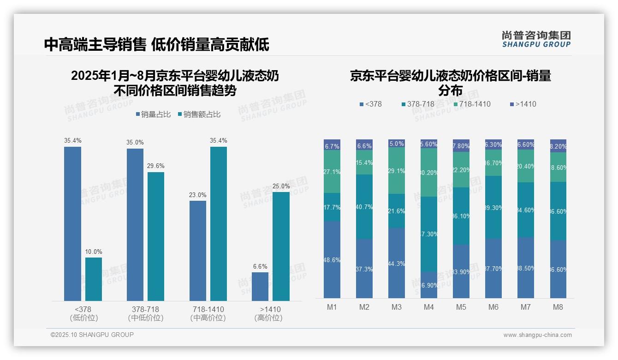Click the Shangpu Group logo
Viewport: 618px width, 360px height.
point(536,39)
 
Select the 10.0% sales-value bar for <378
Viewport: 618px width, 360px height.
point(94,279)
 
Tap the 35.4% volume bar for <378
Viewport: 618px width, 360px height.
point(72,224)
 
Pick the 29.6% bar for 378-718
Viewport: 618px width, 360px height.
point(156,236)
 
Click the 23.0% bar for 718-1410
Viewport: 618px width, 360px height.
point(198,251)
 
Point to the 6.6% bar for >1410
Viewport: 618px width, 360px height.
point(260,286)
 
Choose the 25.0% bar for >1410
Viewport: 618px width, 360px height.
point(281,246)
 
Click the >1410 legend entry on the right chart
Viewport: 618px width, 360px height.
point(523,104)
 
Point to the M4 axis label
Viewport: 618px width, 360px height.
point(428,307)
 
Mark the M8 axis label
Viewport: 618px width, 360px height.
point(558,307)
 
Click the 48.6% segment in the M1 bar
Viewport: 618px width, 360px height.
point(332,259)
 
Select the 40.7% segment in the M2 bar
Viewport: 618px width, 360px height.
point(364,207)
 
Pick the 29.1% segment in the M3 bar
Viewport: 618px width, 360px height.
point(397,171)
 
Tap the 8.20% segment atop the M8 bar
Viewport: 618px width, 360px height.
point(558,146)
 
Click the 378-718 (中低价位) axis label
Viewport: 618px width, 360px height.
point(145,313)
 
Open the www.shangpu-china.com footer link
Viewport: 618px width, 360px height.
point(537,335)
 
